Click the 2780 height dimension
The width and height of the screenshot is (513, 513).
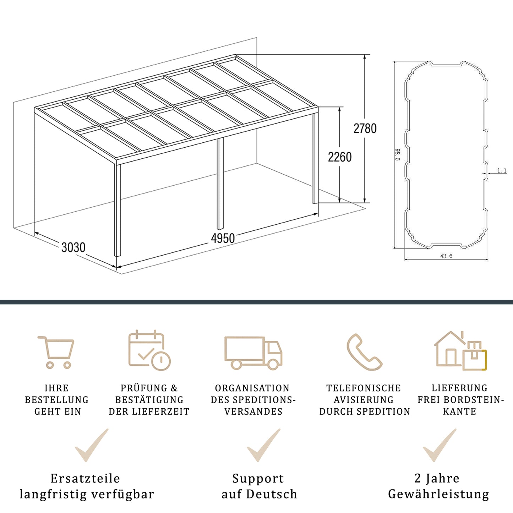point(365,129)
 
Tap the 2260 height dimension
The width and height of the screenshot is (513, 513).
point(340,157)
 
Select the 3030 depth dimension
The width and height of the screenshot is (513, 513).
point(73,247)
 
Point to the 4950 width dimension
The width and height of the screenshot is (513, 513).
point(223,238)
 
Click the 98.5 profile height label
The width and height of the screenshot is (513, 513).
point(397,154)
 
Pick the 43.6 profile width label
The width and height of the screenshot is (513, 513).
point(446,256)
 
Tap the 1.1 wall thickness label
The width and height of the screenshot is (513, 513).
point(502,171)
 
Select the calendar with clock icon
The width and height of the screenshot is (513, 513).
point(149,350)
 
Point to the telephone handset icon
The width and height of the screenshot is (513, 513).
point(364,352)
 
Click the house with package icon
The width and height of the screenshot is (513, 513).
point(460,351)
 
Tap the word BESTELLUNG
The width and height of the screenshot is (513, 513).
point(57,400)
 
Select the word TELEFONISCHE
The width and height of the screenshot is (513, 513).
point(364,388)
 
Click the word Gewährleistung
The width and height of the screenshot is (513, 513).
point(438,494)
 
